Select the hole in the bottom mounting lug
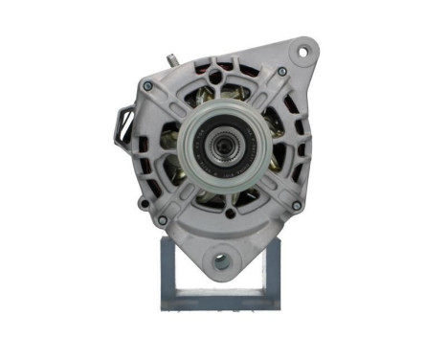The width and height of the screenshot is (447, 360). tap(223, 259)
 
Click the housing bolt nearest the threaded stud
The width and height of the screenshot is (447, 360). tap(149, 86)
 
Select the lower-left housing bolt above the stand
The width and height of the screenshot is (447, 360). tap(162, 220)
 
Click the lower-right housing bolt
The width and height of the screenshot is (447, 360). tap(297, 205)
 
